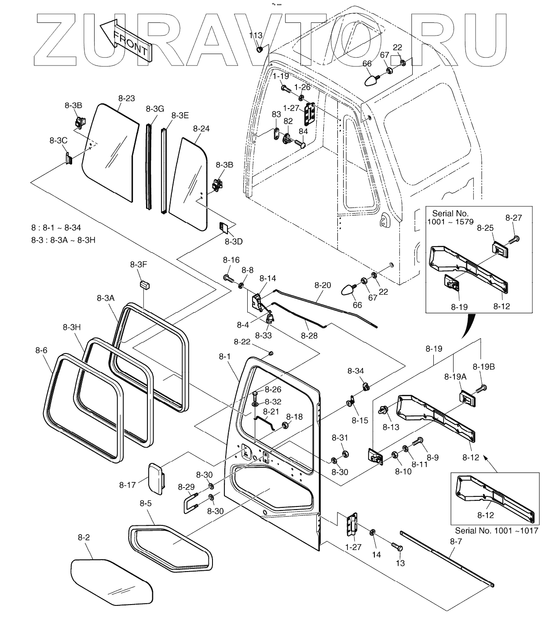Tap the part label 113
(256, 35)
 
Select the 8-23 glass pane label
(127, 99)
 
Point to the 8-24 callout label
(201, 128)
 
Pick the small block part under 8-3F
(144, 284)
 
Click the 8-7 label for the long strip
(456, 542)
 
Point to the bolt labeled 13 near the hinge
(397, 547)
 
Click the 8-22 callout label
(242, 342)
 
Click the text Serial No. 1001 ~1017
(496, 531)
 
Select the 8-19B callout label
(483, 367)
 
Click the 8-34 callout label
(355, 371)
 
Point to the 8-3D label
(233, 242)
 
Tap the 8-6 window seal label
(41, 350)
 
